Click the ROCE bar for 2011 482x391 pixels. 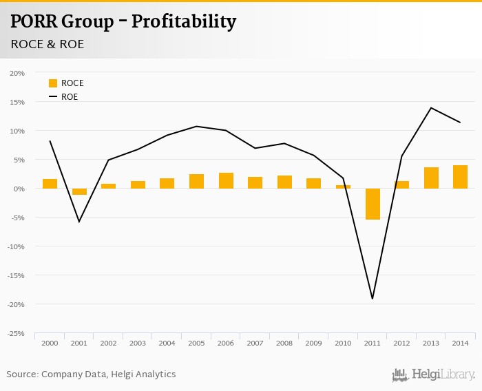[373, 204]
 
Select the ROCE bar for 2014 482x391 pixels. [461, 177]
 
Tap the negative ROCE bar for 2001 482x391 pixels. [79, 191]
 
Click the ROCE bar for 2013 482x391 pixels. [431, 178]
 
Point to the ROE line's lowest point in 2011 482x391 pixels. [373, 298]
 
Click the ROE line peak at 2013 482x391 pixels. [431, 108]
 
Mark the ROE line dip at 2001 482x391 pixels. [79, 221]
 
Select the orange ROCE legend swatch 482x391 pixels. [53, 83]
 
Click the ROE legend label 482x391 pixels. [70, 97]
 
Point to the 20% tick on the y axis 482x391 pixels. [17, 73]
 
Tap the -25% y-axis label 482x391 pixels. [16, 333]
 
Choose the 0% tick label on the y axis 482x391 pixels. [19, 189]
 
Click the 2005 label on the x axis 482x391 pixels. [196, 343]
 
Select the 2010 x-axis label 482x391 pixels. [343, 343]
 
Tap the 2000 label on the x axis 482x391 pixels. [50, 343]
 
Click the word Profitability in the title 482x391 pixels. [184, 22]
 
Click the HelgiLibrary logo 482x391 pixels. [433, 374]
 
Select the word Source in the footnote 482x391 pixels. [22, 374]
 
